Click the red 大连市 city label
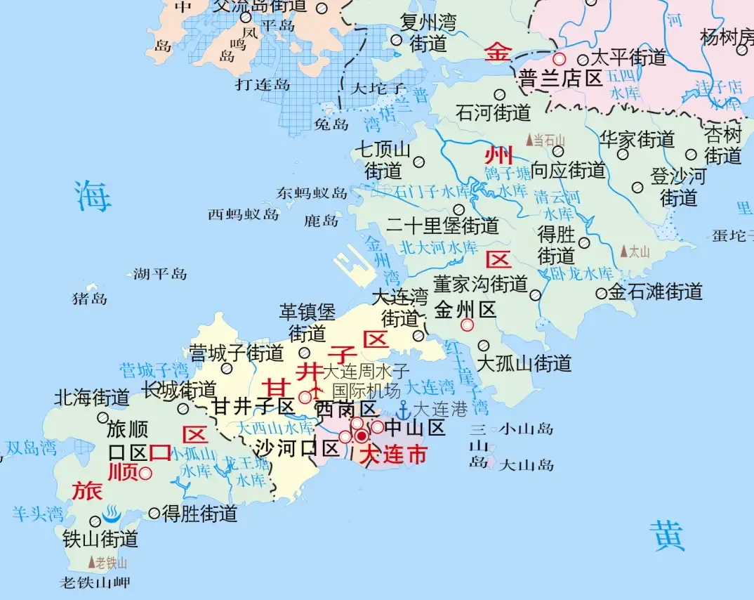(x=392, y=455)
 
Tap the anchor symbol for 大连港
(x=404, y=410)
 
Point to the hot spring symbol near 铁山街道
(x=112, y=514)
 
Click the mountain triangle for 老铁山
(x=91, y=562)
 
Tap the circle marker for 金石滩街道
(x=601, y=294)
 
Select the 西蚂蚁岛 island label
(x=243, y=215)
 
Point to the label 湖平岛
(x=160, y=274)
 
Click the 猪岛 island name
(x=90, y=299)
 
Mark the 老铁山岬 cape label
(x=95, y=582)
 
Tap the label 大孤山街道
(x=524, y=363)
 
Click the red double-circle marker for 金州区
(x=467, y=325)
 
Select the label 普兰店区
(x=561, y=78)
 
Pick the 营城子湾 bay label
(x=154, y=370)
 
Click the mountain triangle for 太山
(x=624, y=251)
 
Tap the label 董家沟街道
(x=480, y=284)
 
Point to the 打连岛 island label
(x=263, y=85)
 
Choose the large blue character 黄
(x=666, y=536)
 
